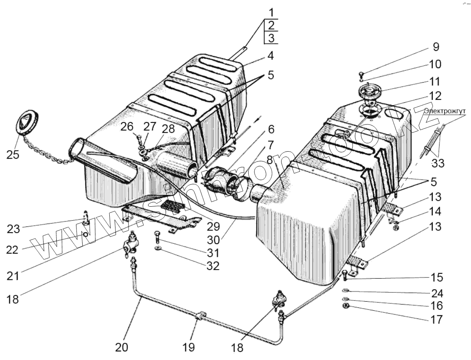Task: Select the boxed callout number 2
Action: pyautogui.click(x=271, y=25)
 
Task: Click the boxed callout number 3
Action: pyautogui.click(x=271, y=38)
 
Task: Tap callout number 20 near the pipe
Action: pyautogui.click(x=122, y=347)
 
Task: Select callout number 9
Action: pyautogui.click(x=435, y=47)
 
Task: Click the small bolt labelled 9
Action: pyautogui.click(x=361, y=75)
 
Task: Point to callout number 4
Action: pyautogui.click(x=271, y=55)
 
